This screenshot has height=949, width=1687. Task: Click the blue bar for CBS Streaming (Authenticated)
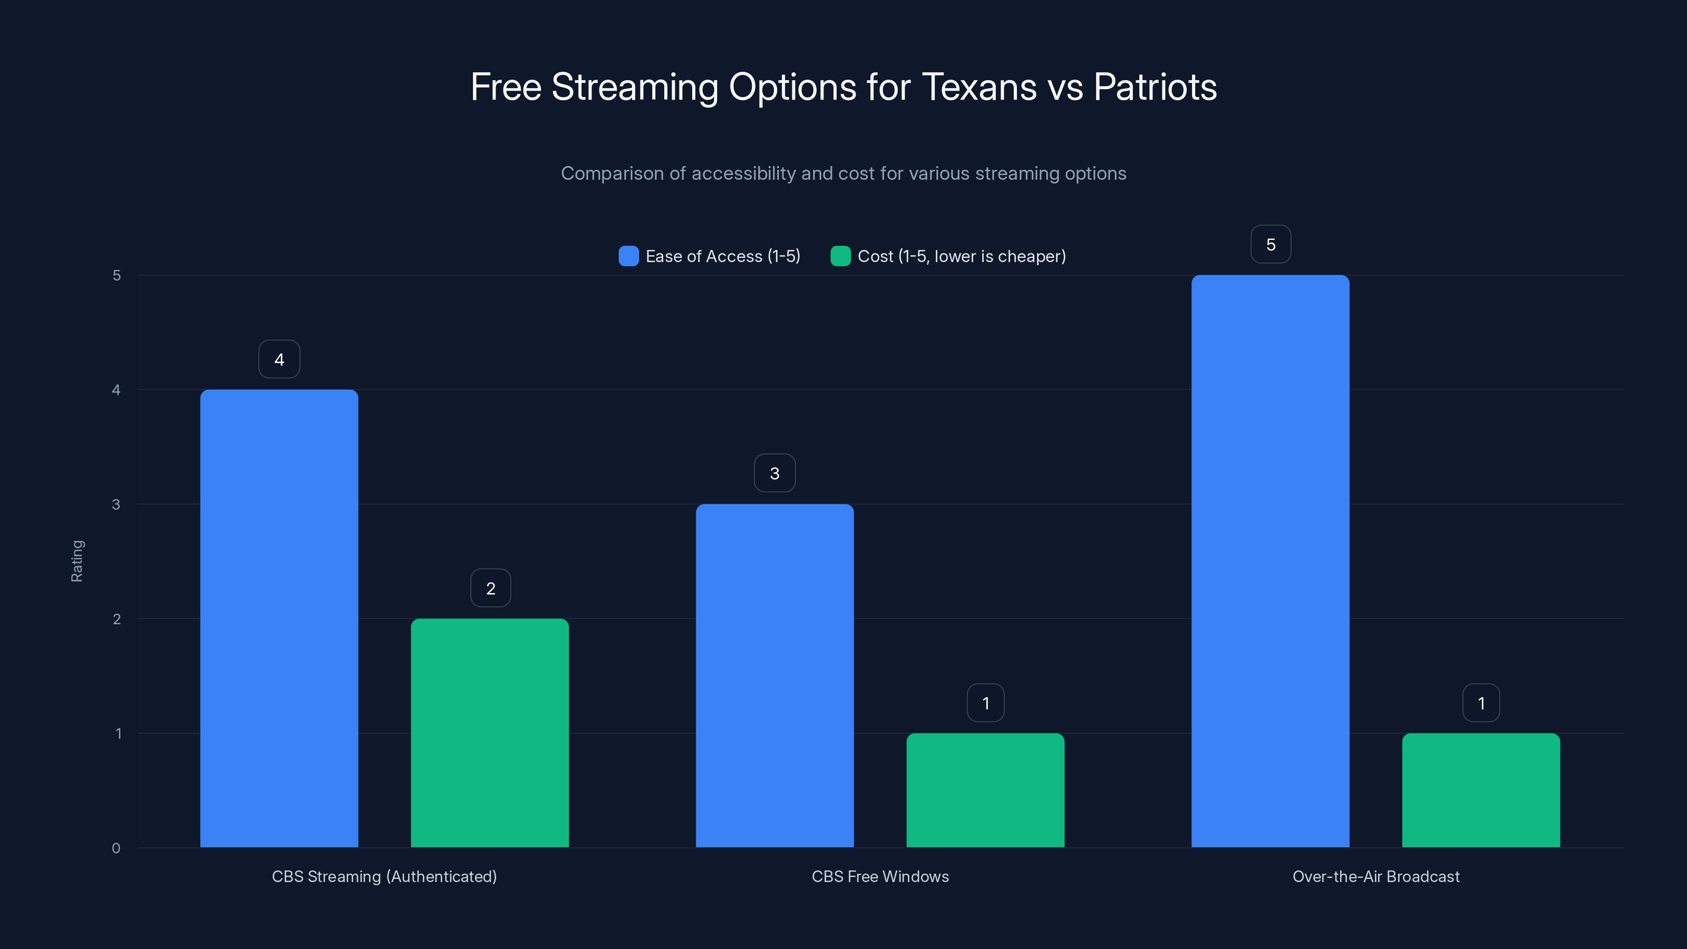coord(279,618)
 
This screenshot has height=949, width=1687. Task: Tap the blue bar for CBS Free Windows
coord(775,675)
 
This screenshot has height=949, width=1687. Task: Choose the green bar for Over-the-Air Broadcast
coord(1481,790)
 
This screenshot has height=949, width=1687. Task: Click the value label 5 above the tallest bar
coord(1271,244)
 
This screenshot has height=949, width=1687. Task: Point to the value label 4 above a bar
coord(279,359)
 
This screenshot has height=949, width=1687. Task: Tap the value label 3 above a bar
coord(775,473)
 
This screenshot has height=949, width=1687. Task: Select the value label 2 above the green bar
coord(490,588)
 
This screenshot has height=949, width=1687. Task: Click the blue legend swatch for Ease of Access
coord(629,256)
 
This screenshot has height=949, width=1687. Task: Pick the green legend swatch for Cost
coord(840,256)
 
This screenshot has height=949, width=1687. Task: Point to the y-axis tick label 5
coord(117,275)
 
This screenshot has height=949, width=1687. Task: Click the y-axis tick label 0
coord(116,848)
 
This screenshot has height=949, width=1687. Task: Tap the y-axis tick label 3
coord(116,505)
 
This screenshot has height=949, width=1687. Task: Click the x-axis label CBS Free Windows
coord(880,876)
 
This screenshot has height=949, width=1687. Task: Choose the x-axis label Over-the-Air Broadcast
coord(1376,876)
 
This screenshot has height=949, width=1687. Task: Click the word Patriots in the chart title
coord(1155,87)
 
